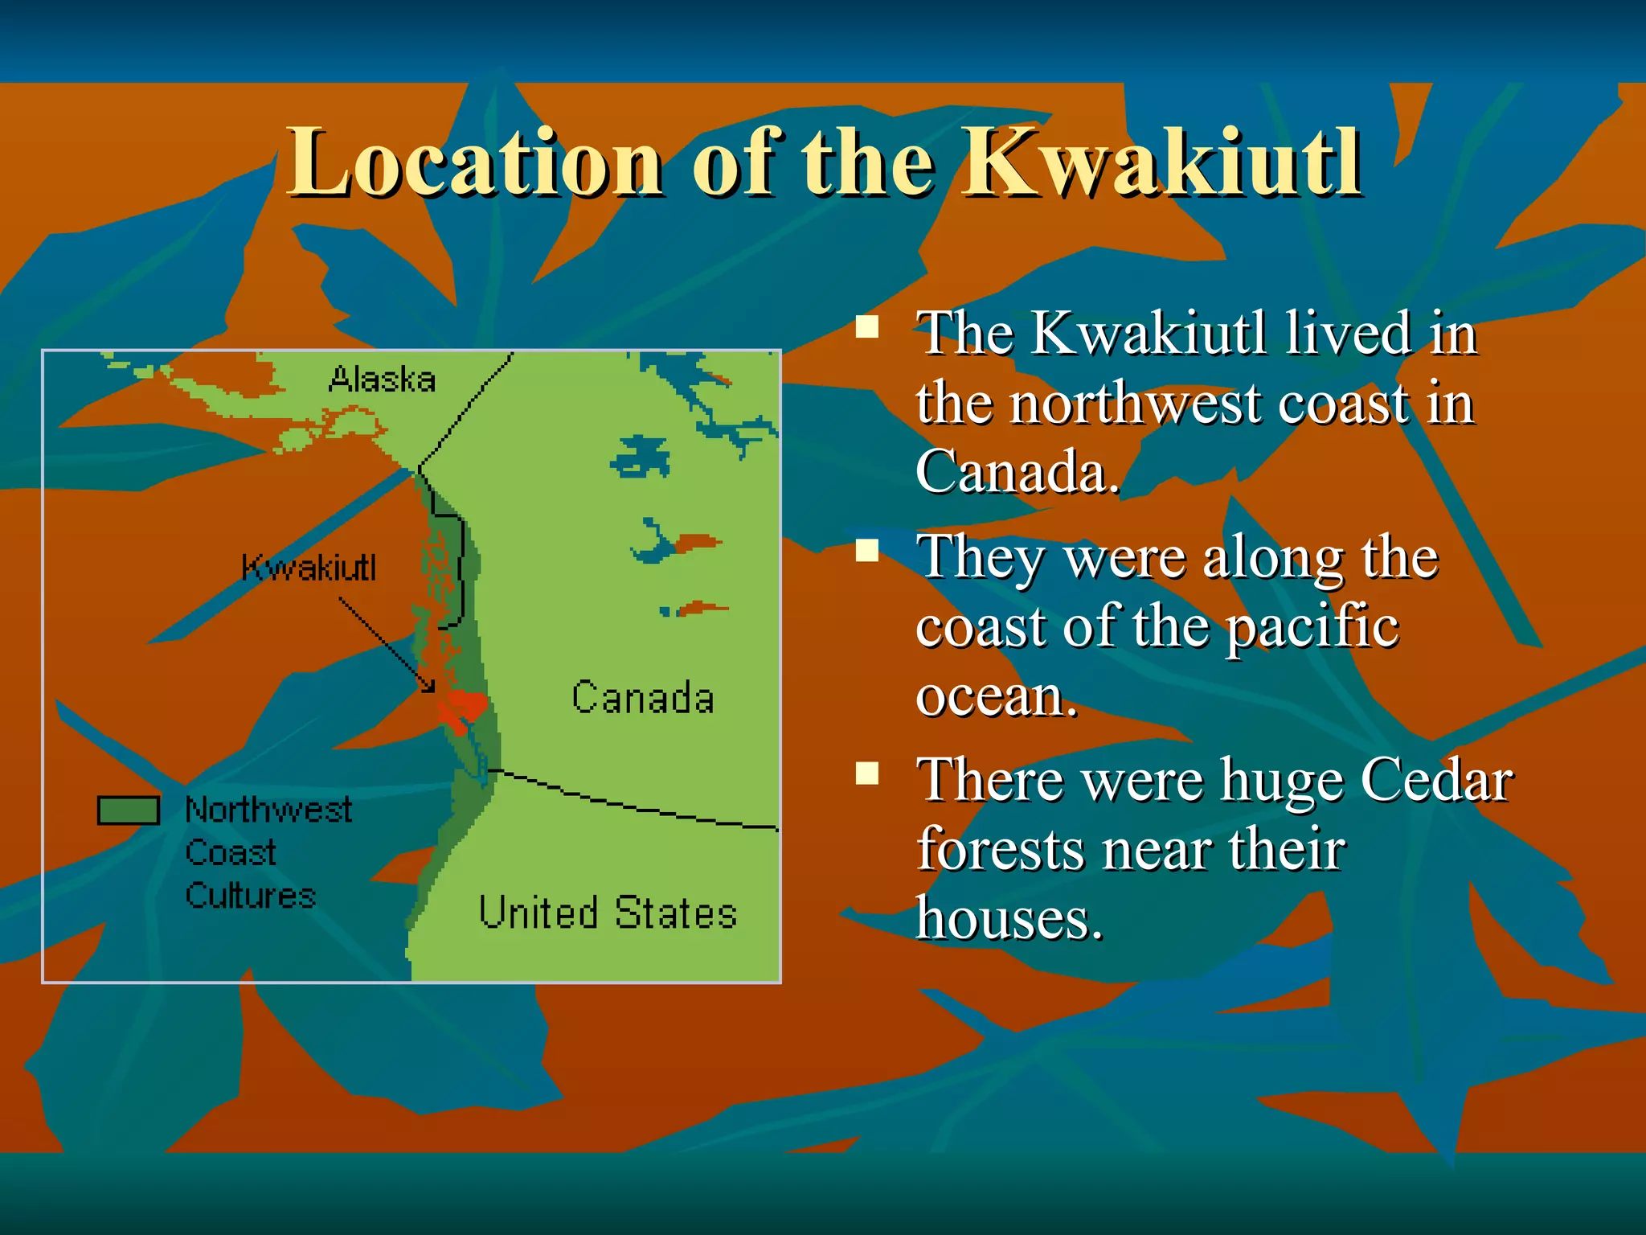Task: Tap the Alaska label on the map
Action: [382, 380]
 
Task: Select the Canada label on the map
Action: [642, 698]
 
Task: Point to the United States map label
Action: [608, 913]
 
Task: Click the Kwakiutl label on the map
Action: [309, 568]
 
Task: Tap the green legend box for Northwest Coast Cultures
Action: [129, 810]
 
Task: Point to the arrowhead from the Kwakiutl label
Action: [430, 687]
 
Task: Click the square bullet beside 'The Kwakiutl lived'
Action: [866, 327]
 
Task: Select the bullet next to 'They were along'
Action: [866, 551]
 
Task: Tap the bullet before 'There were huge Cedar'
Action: [866, 773]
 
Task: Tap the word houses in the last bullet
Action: [1009, 918]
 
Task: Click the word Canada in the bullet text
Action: [1017, 472]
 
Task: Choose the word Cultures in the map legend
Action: [251, 896]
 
